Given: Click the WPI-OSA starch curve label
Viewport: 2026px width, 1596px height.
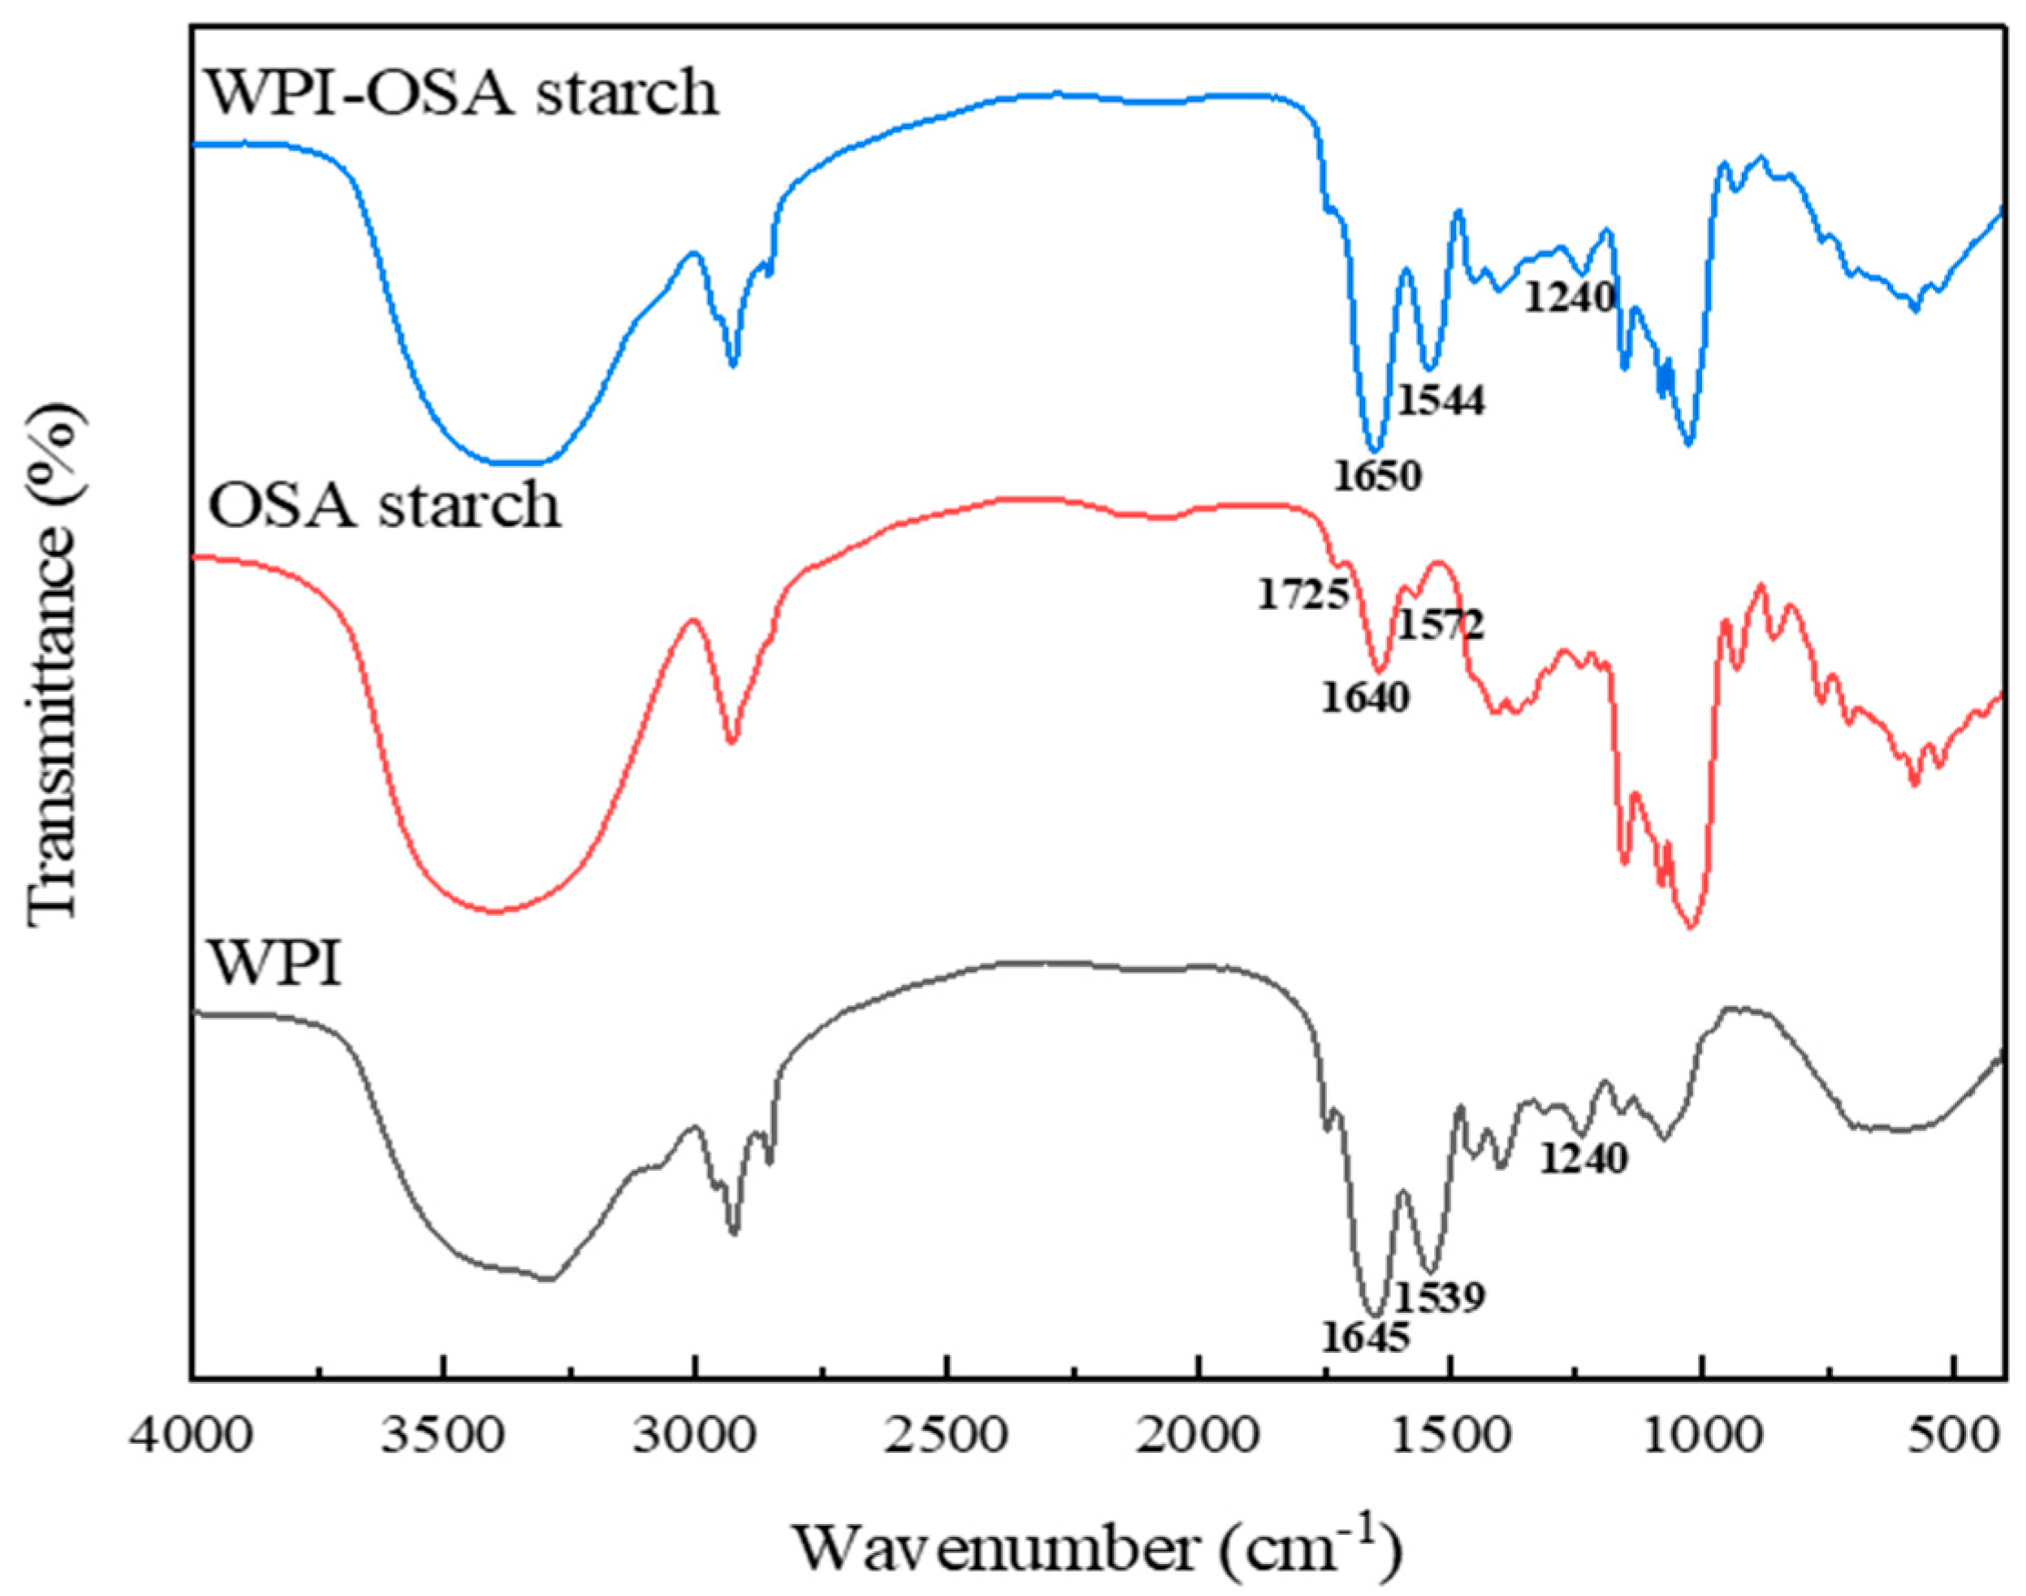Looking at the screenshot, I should click(462, 95).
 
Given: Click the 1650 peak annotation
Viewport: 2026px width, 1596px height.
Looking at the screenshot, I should click(1376, 476).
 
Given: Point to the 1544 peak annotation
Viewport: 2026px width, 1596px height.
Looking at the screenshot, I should click(1441, 401).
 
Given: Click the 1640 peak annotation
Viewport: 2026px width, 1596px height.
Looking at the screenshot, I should click(1364, 697).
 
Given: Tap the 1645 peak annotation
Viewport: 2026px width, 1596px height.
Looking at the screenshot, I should click(1364, 1338).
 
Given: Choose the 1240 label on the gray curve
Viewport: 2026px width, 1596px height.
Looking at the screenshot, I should click(1584, 1160).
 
